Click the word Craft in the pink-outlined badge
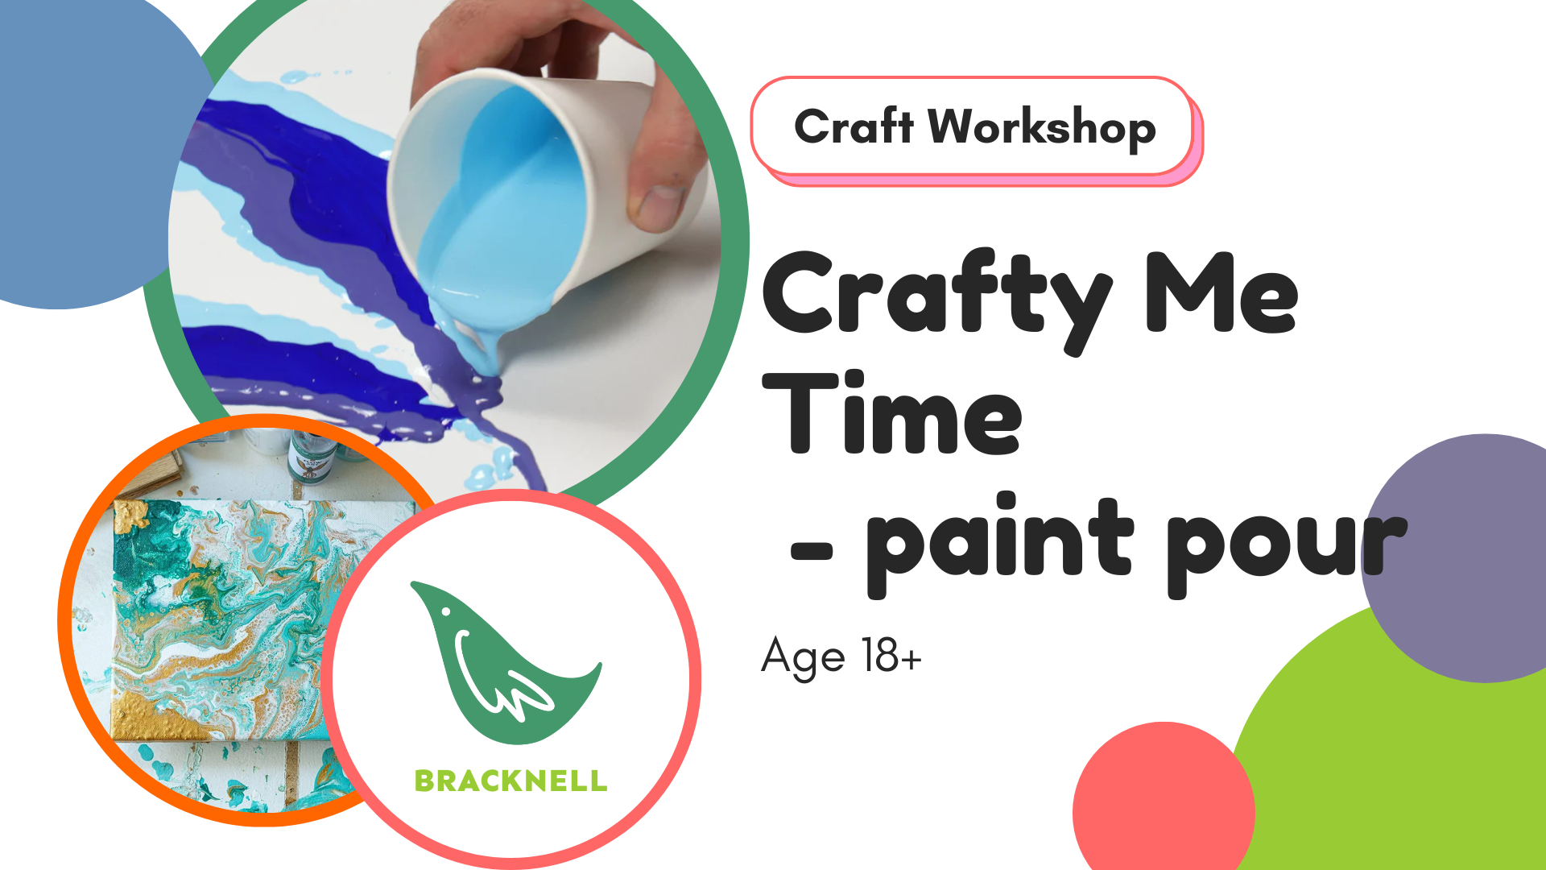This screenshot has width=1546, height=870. click(854, 126)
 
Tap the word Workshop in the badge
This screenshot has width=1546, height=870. click(1042, 127)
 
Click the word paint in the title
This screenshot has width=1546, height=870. click(999, 544)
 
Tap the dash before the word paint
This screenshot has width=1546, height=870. click(812, 551)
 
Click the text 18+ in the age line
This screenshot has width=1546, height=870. click(891, 656)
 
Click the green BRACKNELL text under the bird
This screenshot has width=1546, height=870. click(511, 781)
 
